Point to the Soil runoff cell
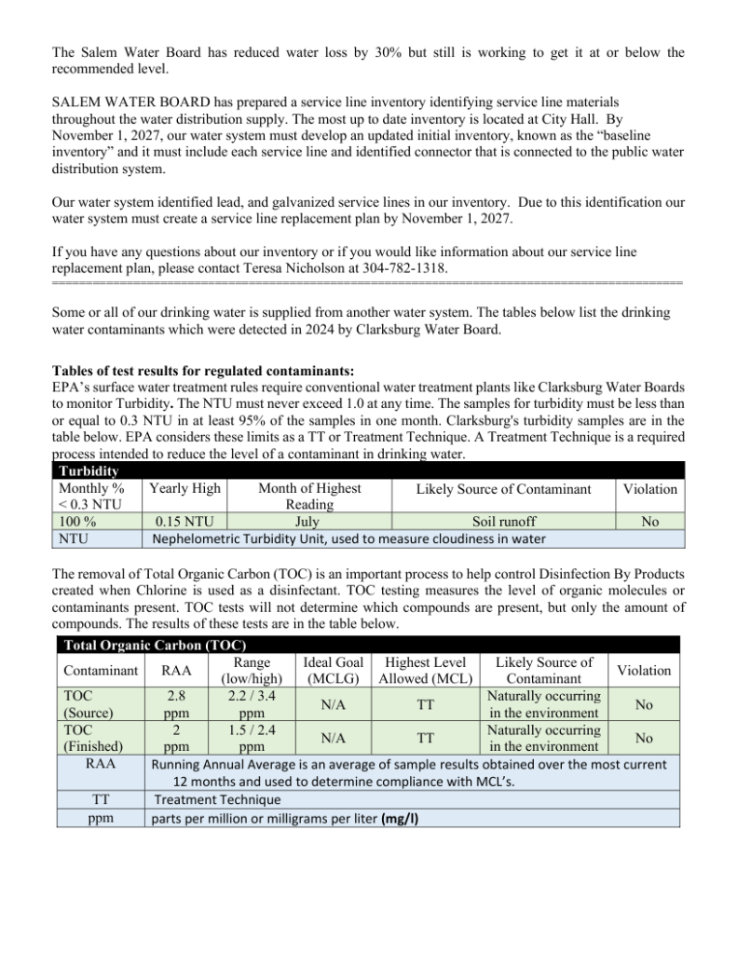(503, 523)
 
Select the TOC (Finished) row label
(88, 738)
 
